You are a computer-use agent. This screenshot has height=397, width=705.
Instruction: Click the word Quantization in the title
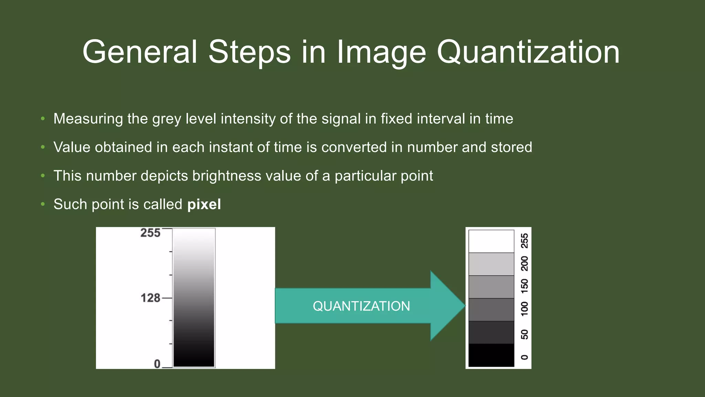click(x=528, y=52)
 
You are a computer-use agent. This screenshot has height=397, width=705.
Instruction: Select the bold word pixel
click(x=204, y=204)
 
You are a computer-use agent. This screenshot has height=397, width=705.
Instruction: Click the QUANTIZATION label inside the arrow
click(x=361, y=306)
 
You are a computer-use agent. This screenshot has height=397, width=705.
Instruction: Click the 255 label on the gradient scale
click(x=150, y=233)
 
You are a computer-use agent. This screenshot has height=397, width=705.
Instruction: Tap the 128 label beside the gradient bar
click(x=150, y=298)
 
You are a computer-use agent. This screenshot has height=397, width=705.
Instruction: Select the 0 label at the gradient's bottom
click(x=157, y=364)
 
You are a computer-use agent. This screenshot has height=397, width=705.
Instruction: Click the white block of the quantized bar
click(x=491, y=241)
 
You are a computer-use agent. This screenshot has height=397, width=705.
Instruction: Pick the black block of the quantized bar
click(x=491, y=355)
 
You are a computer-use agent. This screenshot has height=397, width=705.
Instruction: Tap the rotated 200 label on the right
click(x=524, y=264)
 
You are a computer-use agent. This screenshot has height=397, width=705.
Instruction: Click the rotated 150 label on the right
click(x=524, y=286)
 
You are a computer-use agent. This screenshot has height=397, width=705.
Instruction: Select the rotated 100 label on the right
click(x=524, y=309)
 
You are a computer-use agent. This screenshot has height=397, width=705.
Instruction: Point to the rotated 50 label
click(x=524, y=334)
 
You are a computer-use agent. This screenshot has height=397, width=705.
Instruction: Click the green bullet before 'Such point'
click(x=43, y=204)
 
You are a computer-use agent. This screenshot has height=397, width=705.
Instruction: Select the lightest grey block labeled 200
click(x=491, y=264)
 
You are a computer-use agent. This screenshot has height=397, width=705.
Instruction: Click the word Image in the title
click(x=381, y=52)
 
